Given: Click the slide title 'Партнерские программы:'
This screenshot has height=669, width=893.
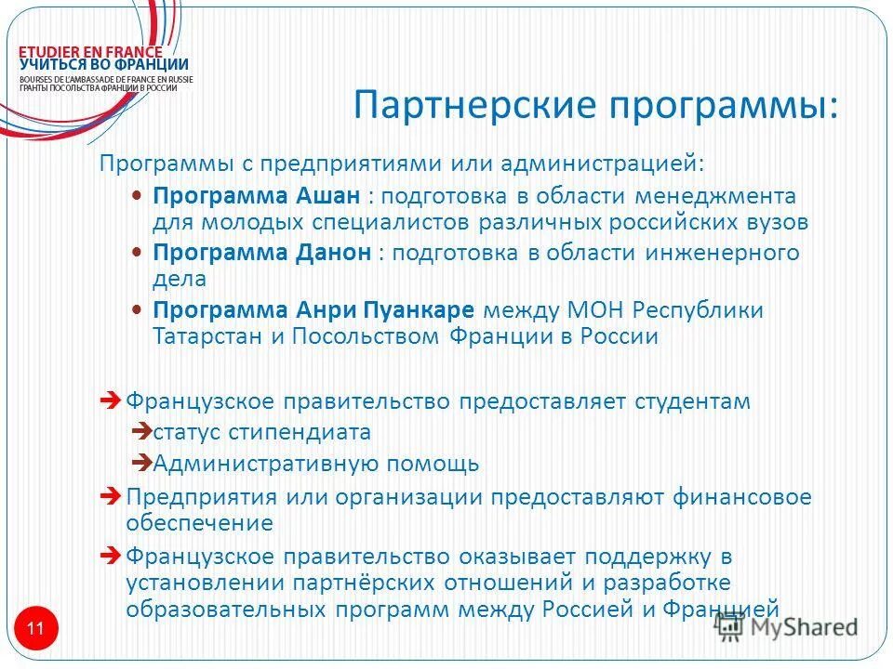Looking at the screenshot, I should (x=595, y=105).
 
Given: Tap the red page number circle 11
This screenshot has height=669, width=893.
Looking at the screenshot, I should (x=35, y=629).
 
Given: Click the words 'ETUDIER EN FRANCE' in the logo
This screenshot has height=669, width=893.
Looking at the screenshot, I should (x=91, y=52).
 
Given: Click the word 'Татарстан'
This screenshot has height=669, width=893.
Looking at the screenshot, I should (x=207, y=336).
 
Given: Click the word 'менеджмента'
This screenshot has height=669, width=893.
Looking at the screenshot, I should (x=717, y=196).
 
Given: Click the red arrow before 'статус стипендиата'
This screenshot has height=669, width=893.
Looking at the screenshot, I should (x=141, y=431).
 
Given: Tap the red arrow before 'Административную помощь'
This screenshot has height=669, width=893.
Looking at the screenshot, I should (x=141, y=462).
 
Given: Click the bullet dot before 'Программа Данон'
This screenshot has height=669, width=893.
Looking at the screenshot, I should (x=137, y=253).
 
